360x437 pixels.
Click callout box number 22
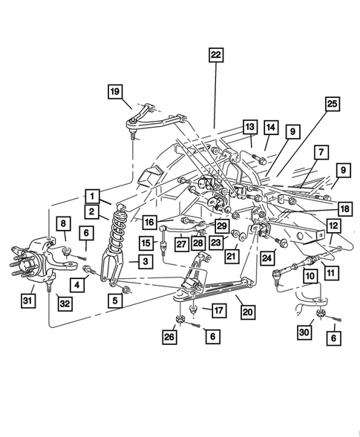click(x=215, y=55)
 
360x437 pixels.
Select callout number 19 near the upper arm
click(x=115, y=91)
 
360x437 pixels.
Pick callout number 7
click(x=321, y=152)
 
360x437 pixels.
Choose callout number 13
click(x=249, y=128)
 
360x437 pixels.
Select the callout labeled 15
click(x=145, y=243)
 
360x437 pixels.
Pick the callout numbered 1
click(x=92, y=196)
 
